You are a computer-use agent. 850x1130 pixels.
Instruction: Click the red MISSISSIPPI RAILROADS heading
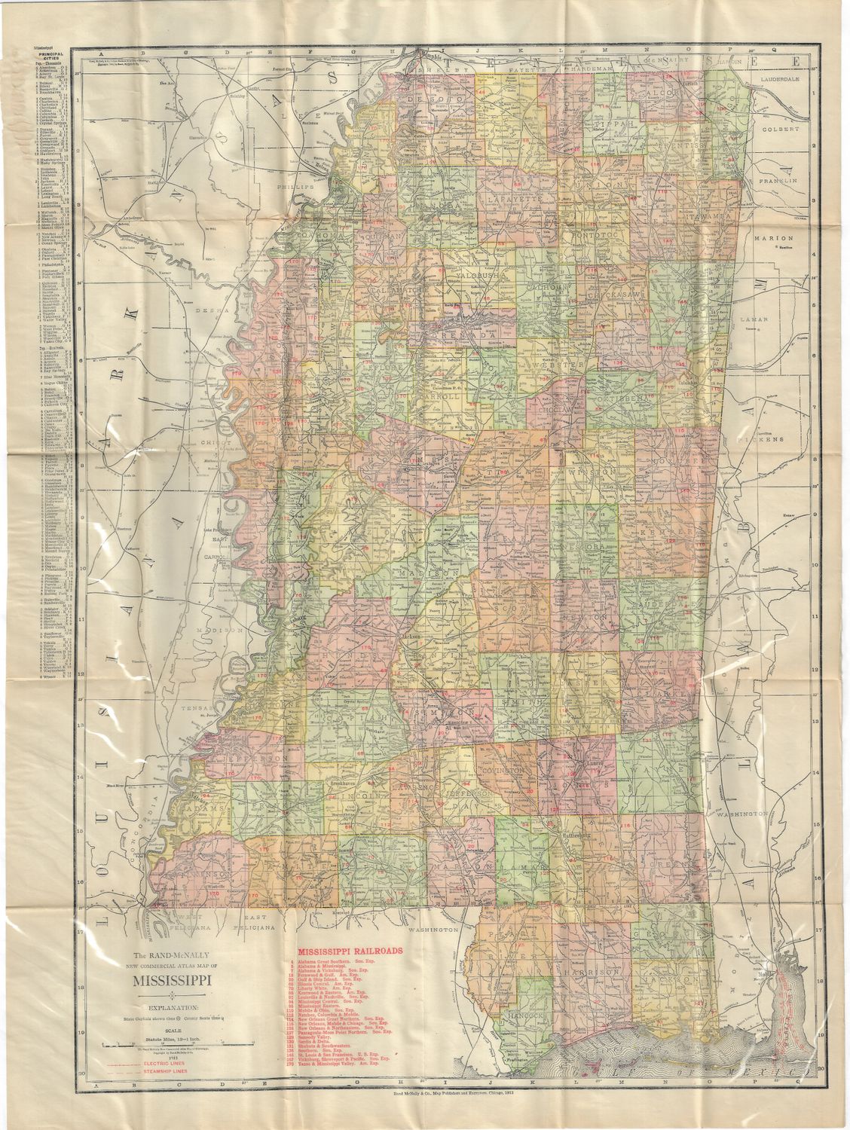[x=351, y=951]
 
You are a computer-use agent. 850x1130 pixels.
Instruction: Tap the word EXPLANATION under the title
[x=173, y=1006]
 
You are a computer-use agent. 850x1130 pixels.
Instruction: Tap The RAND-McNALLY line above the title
[x=173, y=954]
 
